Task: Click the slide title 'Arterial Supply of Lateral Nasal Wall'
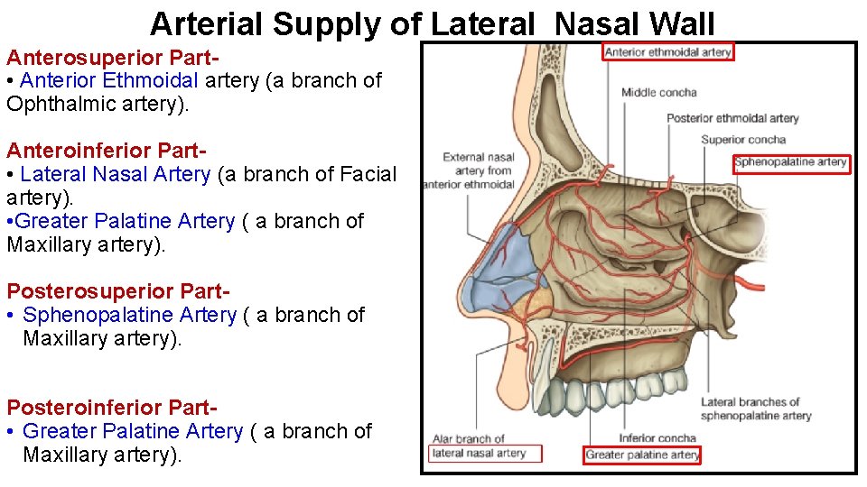[433, 23]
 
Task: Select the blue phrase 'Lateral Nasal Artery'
[116, 174]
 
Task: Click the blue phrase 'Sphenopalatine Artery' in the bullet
[130, 315]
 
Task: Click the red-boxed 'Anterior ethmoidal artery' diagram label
[668, 51]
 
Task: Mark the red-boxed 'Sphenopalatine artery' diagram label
[791, 162]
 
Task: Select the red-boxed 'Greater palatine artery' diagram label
[642, 455]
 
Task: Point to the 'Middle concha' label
[659, 92]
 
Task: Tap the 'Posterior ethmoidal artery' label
[732, 118]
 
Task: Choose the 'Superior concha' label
[743, 140]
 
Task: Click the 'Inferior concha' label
[657, 438]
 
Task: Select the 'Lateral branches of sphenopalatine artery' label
[755, 409]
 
